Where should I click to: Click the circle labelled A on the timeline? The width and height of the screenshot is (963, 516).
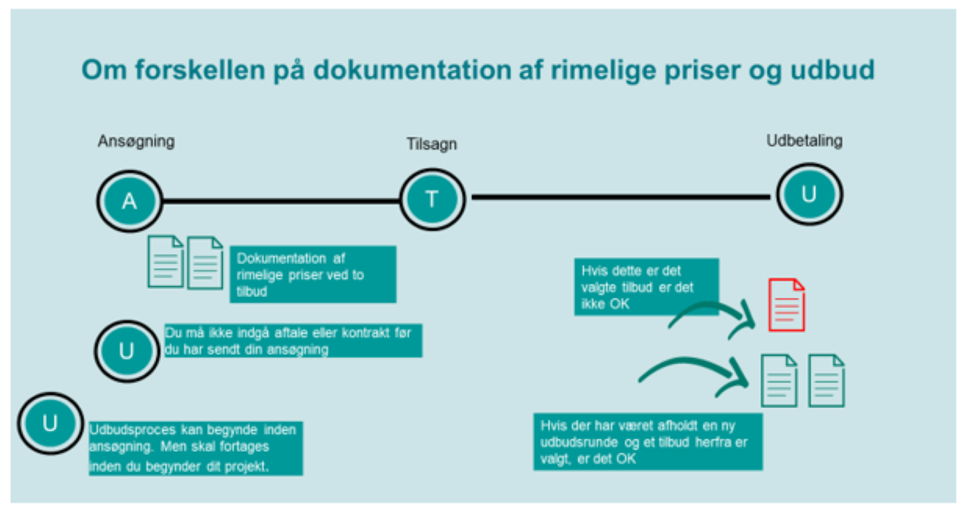[129, 201]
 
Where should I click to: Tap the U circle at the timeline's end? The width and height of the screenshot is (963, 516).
[809, 194]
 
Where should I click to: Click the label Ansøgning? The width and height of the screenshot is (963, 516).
[136, 141]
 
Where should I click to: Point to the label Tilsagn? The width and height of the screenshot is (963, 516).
[432, 144]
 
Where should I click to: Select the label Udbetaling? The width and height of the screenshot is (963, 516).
[804, 141]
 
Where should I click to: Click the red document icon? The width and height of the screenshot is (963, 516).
[787, 305]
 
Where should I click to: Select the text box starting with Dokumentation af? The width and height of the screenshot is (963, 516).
[313, 274]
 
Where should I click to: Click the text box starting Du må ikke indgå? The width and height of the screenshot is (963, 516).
[293, 341]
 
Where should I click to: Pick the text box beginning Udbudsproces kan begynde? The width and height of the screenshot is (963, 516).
[196, 448]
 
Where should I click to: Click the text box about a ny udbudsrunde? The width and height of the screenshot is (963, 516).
[648, 442]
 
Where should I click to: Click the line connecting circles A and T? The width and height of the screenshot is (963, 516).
[281, 201]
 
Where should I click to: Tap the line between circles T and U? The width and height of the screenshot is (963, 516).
[620, 197]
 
